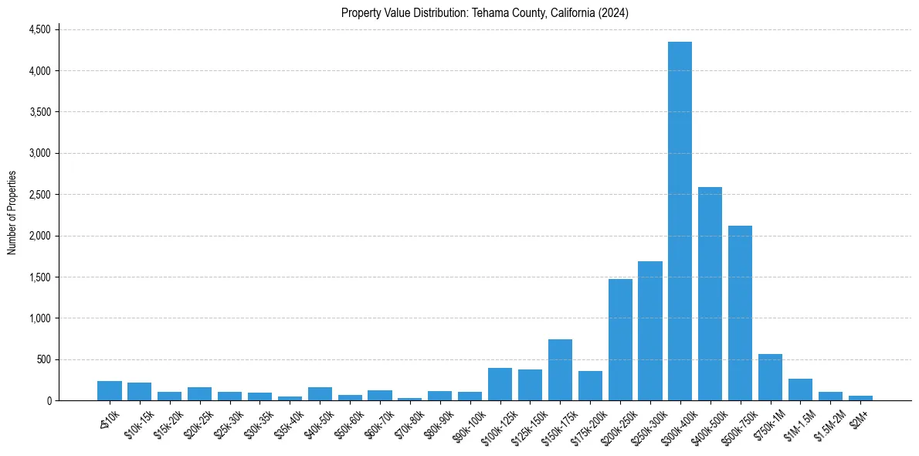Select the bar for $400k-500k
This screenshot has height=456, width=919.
[710, 294]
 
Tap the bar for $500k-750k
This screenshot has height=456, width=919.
[740, 313]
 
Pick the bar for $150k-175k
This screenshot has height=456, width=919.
[560, 370]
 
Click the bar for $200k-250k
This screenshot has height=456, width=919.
[620, 340]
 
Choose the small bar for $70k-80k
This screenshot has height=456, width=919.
[409, 399]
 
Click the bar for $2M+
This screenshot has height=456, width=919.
[860, 398]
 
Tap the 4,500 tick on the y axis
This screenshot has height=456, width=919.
[39, 29]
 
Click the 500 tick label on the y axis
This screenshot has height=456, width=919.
[43, 359]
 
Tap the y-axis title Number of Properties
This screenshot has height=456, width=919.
[12, 213]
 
